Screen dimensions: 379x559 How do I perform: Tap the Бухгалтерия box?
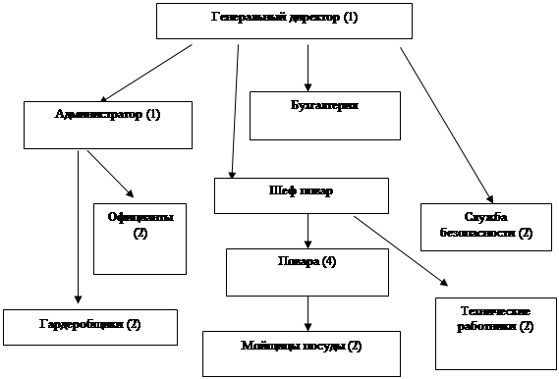tap(324, 115)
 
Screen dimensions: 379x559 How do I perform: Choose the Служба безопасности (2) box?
tap(485, 226)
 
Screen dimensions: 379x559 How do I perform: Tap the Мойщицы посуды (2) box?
tap(302, 352)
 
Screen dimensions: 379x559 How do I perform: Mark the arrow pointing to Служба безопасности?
tap(446, 124)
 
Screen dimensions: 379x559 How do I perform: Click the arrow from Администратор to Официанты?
tap(113, 175)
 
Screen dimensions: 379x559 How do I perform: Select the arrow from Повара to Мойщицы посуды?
tap(309, 312)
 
